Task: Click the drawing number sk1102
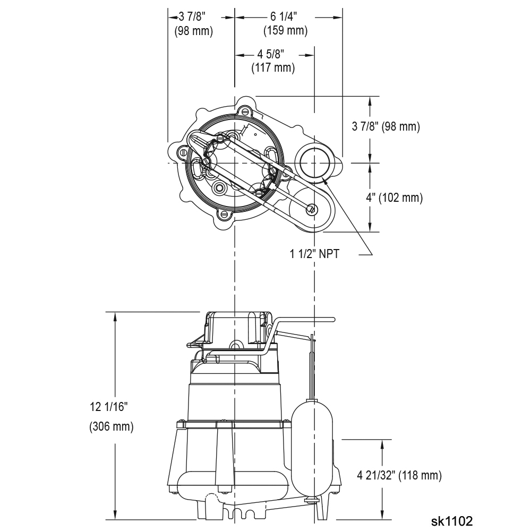point(452,521)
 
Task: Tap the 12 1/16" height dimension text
point(109,406)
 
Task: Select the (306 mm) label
point(112,426)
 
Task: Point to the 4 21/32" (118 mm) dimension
point(399,475)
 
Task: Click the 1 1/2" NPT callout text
point(314,254)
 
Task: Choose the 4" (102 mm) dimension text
point(394,198)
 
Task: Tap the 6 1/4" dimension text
point(284,16)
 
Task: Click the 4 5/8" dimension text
point(271,54)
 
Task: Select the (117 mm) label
point(273,68)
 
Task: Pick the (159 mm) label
point(286,30)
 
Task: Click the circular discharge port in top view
point(314,162)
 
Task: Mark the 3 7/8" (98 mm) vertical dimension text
point(386,126)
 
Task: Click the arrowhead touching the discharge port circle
point(326,182)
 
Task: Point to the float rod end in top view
point(312,209)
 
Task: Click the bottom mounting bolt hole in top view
point(225,215)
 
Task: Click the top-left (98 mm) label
point(194,31)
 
